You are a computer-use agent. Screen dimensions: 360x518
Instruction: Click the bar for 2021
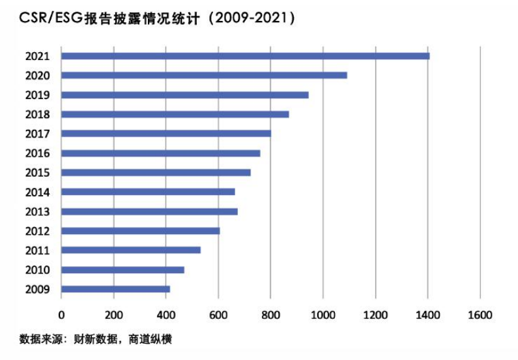click(245, 56)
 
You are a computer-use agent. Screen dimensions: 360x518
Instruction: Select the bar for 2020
click(204, 75)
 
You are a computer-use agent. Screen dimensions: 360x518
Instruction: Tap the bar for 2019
click(184, 95)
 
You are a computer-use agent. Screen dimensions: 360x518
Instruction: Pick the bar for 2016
click(160, 153)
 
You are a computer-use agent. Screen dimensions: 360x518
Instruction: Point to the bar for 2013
click(149, 211)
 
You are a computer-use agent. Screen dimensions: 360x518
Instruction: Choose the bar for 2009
click(115, 289)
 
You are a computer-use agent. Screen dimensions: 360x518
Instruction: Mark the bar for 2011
click(130, 250)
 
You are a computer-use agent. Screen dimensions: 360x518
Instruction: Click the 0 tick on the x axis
click(61, 315)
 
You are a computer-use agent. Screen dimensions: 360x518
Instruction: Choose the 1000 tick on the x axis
click(323, 315)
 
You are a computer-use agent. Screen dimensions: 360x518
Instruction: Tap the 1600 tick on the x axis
click(480, 315)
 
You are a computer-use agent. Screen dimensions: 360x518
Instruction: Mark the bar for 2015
click(156, 173)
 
